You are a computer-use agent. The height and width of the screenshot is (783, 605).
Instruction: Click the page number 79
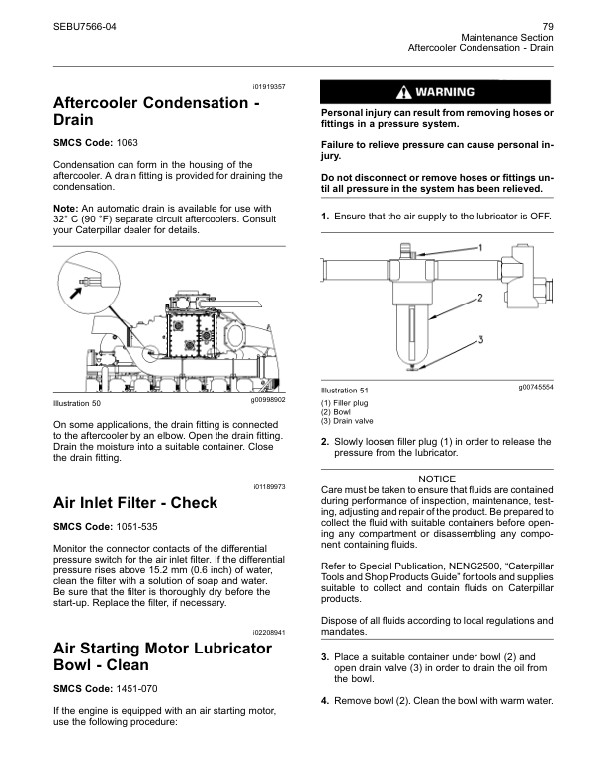[547, 25]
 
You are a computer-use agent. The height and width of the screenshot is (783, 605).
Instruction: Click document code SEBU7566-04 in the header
[84, 25]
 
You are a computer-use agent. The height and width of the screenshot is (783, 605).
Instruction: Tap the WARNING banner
[437, 92]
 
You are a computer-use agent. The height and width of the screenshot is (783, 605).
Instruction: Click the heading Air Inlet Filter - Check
[134, 503]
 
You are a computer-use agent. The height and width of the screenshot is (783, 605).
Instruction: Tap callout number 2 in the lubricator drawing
[480, 297]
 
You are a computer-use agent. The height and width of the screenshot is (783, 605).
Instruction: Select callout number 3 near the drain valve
[480, 339]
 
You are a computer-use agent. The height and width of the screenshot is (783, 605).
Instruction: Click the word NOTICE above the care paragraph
[437, 478]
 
